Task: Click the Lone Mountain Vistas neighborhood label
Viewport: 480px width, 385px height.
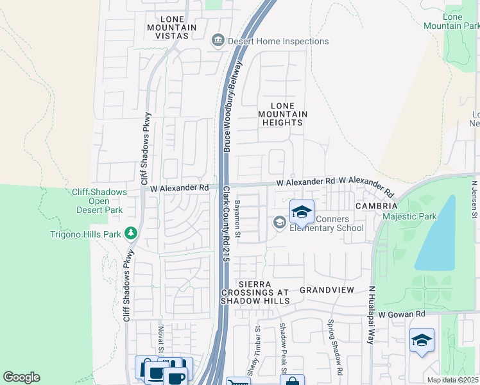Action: coord(167,28)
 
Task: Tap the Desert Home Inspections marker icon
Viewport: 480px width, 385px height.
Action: coord(218,41)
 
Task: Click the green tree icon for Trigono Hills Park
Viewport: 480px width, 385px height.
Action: coord(131,232)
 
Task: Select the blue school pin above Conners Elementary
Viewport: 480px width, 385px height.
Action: coord(302,212)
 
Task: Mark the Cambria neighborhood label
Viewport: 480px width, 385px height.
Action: coord(377,206)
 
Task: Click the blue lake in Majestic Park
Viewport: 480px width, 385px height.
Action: coord(436,234)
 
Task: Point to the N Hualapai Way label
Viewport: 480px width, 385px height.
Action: coord(371,315)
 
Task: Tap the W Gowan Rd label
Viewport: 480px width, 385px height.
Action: coord(402,314)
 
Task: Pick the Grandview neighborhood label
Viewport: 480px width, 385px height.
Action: coord(327,290)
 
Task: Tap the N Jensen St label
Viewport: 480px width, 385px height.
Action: coord(475,198)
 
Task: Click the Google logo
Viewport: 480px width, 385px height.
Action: coord(21,377)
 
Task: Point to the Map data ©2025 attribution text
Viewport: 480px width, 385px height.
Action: coord(452,380)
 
